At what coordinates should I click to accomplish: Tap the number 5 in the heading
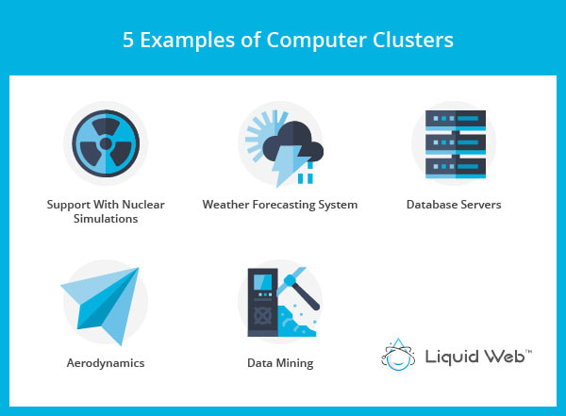(x=128, y=41)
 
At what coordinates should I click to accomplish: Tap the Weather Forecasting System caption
(x=280, y=204)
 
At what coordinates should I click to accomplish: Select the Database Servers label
(x=454, y=204)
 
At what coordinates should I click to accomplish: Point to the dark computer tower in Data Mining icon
(x=262, y=302)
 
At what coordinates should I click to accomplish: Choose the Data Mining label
(x=279, y=362)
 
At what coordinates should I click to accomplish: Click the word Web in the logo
(x=514, y=356)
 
